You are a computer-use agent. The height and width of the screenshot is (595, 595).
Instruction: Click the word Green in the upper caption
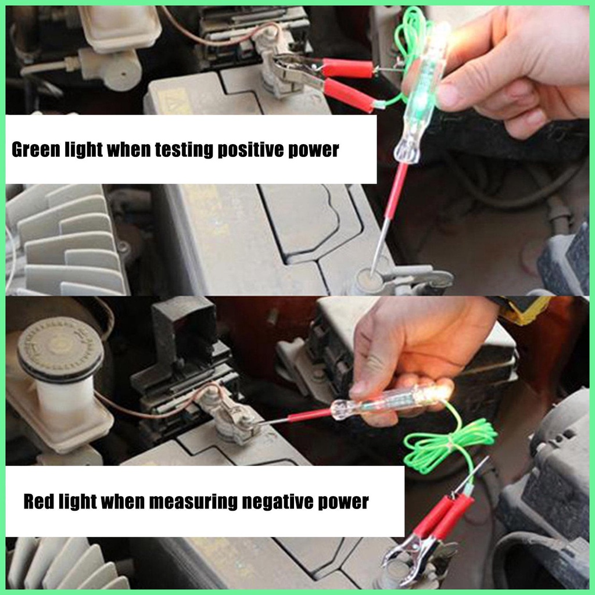[36, 149]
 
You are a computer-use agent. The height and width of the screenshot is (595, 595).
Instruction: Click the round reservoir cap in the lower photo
[60, 349]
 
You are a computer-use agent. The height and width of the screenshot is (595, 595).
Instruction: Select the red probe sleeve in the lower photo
[309, 415]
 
